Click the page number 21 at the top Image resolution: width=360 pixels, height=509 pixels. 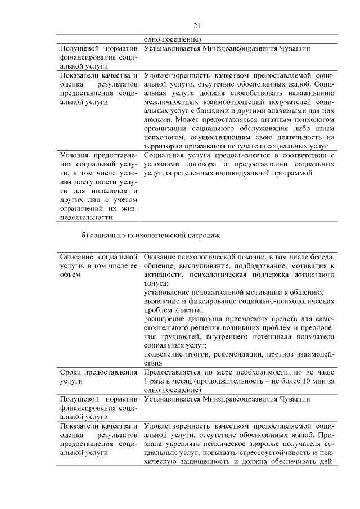tap(196, 25)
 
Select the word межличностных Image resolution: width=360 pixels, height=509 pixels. tap(172, 101)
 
